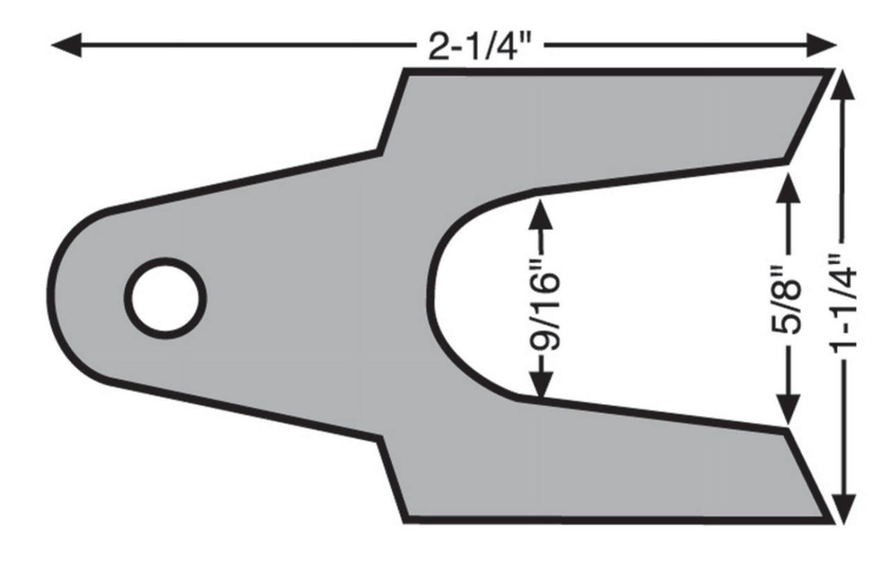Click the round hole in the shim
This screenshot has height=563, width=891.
pyautogui.click(x=165, y=298)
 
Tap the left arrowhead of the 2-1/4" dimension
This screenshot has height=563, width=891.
pyautogui.click(x=66, y=45)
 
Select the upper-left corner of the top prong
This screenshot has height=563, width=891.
pyautogui.click(x=406, y=72)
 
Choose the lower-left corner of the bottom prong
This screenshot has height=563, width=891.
pyautogui.click(x=406, y=520)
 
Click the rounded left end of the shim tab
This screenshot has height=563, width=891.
pyautogui.click(x=52, y=296)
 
